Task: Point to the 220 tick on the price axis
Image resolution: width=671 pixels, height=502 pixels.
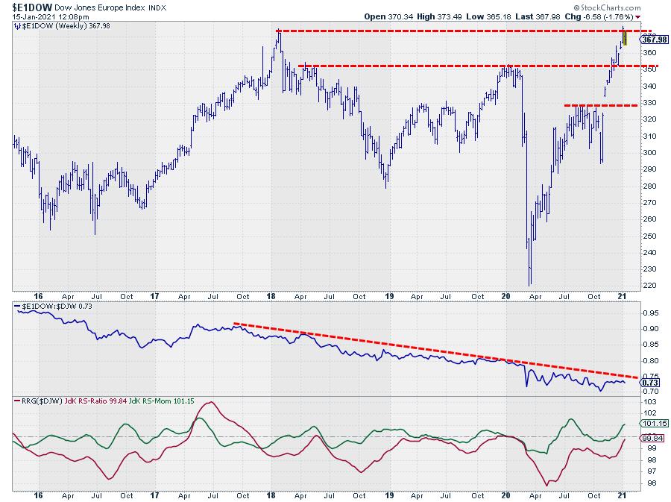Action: [648, 286]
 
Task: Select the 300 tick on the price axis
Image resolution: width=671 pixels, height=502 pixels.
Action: [648, 153]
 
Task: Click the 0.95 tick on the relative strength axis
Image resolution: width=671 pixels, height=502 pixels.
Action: [649, 313]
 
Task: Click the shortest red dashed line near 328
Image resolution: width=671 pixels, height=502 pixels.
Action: [601, 105]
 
